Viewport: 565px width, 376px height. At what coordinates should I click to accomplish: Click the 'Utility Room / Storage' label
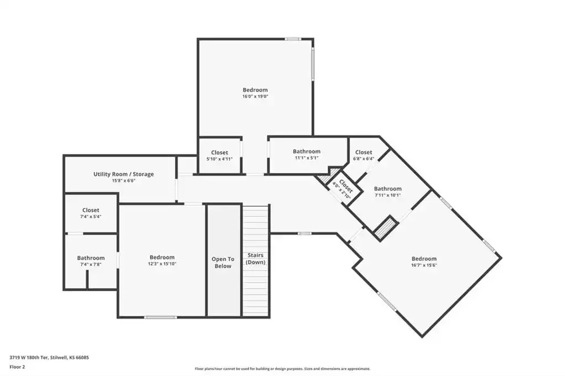click(x=124, y=174)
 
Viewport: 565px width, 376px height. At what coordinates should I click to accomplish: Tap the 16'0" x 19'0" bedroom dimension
click(x=255, y=96)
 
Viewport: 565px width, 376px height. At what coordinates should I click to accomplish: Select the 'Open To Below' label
click(x=223, y=262)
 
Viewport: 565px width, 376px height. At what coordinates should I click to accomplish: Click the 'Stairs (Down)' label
click(x=255, y=259)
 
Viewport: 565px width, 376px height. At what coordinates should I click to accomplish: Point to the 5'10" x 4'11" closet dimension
click(x=220, y=159)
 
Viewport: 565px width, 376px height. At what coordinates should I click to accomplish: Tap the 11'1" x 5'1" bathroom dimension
click(x=307, y=158)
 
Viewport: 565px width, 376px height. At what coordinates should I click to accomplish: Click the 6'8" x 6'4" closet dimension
click(x=364, y=158)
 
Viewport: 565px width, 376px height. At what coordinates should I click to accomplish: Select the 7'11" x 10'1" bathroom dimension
click(x=388, y=195)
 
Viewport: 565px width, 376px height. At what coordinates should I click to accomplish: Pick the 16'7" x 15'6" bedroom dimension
click(x=424, y=265)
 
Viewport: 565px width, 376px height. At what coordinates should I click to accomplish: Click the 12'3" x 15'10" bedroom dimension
click(x=162, y=264)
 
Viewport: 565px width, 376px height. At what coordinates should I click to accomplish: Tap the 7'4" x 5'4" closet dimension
click(x=91, y=217)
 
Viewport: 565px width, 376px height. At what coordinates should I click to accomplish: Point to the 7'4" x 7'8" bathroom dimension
click(x=91, y=264)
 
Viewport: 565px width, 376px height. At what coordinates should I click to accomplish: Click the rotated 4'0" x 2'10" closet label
click(x=343, y=188)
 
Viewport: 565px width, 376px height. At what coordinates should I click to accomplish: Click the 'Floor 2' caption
click(x=17, y=367)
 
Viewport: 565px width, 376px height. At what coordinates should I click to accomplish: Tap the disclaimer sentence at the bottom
click(x=282, y=369)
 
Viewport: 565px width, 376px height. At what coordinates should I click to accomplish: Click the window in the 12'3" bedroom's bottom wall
click(x=161, y=318)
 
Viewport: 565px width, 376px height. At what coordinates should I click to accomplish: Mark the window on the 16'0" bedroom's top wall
click(x=293, y=39)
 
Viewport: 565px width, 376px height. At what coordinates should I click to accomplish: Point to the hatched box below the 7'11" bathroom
click(x=386, y=228)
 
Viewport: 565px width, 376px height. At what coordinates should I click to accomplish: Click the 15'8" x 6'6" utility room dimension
click(x=124, y=181)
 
